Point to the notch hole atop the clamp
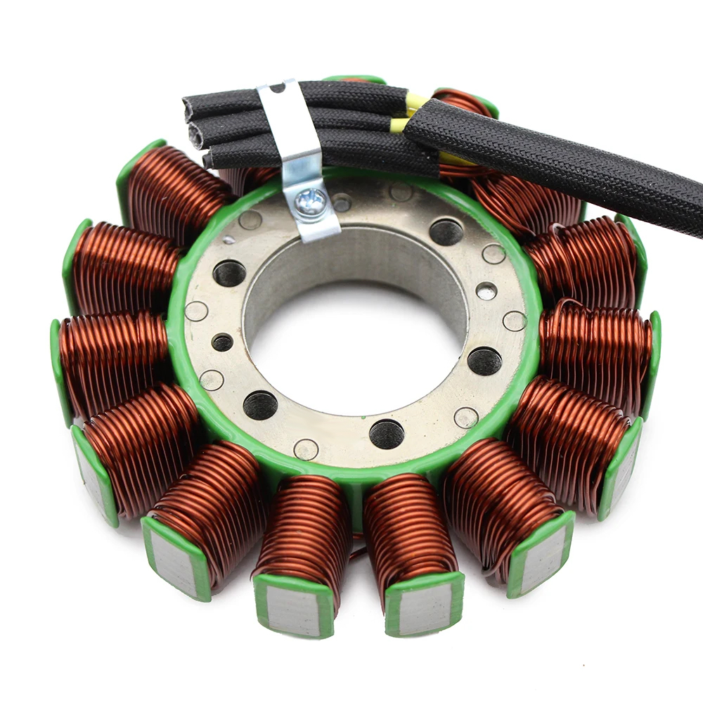point(278,88)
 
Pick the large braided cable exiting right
point(562,165)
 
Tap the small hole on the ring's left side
point(222,342)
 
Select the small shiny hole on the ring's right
point(486,290)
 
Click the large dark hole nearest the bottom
point(387,434)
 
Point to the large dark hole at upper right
point(446,231)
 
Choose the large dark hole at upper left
point(230,273)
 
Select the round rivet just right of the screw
point(342,203)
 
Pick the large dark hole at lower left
point(260,405)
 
